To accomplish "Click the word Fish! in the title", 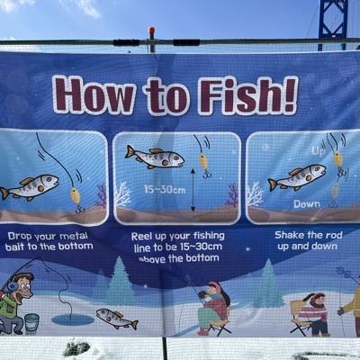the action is [x=248, y=95].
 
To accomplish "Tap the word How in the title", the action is [x=94, y=94].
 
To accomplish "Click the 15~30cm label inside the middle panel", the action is [x=165, y=190].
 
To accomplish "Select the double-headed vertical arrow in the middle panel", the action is [x=193, y=190].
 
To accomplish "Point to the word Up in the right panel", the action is [x=318, y=151].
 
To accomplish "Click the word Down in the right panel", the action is [x=307, y=204].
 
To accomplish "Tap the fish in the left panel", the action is [x=29, y=187].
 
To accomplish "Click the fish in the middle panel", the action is [x=155, y=157].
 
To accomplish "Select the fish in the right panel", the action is [x=297, y=177].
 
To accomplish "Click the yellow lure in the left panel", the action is [x=76, y=196].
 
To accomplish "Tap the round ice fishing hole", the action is [x=73, y=319].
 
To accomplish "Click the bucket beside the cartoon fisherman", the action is [x=31, y=322].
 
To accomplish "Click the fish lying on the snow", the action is [x=117, y=319].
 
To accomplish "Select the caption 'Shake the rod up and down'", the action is [x=308, y=240].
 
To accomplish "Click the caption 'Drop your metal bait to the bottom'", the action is [x=49, y=241].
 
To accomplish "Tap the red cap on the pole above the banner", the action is [x=151, y=31].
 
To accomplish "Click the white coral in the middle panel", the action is [x=122, y=193].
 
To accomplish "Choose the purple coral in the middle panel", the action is [x=231, y=195].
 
